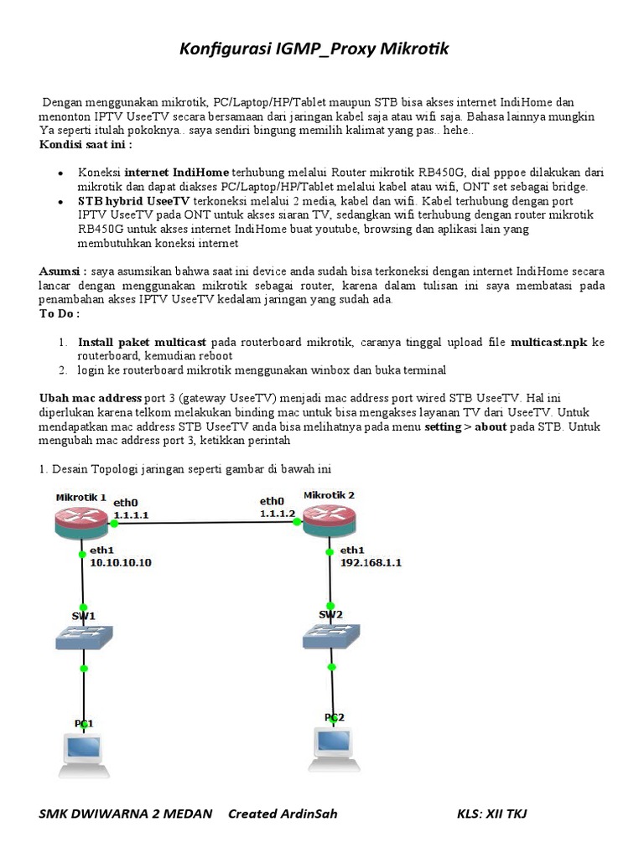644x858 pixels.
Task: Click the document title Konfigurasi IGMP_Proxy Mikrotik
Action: (314, 49)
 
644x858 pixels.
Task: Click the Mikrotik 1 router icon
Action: (80, 523)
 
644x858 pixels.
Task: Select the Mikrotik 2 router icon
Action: (328, 520)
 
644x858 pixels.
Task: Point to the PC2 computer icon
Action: (334, 742)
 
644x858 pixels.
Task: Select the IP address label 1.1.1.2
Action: (278, 513)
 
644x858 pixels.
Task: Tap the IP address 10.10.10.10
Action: (121, 562)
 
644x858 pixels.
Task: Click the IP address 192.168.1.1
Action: (371, 562)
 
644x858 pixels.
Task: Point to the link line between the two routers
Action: (205, 522)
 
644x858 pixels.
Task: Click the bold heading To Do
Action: (60, 313)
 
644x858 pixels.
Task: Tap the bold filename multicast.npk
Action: (549, 343)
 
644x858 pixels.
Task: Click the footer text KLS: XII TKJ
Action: (491, 814)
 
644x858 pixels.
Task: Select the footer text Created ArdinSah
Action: (283, 814)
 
